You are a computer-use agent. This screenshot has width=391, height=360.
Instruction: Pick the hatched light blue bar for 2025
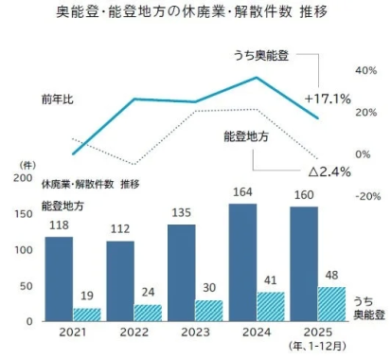click(x=330, y=304)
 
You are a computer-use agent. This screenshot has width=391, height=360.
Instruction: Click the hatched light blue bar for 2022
click(x=148, y=313)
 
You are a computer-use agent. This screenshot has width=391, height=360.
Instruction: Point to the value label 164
click(x=242, y=194)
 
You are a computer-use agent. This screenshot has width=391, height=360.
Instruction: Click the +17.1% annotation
click(x=329, y=98)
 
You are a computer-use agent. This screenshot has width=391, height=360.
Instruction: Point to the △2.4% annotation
click(x=330, y=171)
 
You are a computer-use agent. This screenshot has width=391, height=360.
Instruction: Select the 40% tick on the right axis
click(x=365, y=71)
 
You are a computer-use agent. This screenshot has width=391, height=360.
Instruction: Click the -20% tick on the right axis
click(x=365, y=197)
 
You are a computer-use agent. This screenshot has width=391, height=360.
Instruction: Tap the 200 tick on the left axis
click(x=23, y=178)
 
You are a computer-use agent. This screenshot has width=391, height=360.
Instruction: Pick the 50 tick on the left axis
click(x=26, y=286)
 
